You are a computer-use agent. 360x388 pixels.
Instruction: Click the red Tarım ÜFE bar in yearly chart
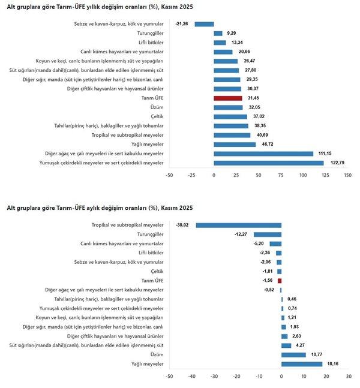[228, 98]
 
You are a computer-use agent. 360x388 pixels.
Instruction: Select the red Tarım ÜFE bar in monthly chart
[280, 281]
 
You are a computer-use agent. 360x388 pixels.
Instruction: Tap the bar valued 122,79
[269, 163]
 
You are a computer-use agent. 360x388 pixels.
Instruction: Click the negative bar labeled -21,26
[204, 24]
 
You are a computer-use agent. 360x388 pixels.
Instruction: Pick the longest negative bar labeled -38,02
[239, 225]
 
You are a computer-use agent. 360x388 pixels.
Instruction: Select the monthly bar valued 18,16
[302, 364]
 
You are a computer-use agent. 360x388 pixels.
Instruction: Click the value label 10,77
[317, 354]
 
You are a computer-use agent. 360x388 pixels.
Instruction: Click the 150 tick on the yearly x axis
[347, 175]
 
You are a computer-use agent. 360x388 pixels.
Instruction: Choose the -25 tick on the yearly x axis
[191, 175]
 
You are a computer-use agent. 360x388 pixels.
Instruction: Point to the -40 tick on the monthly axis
[191, 377]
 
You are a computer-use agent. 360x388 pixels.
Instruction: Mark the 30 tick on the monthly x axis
[349, 377]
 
